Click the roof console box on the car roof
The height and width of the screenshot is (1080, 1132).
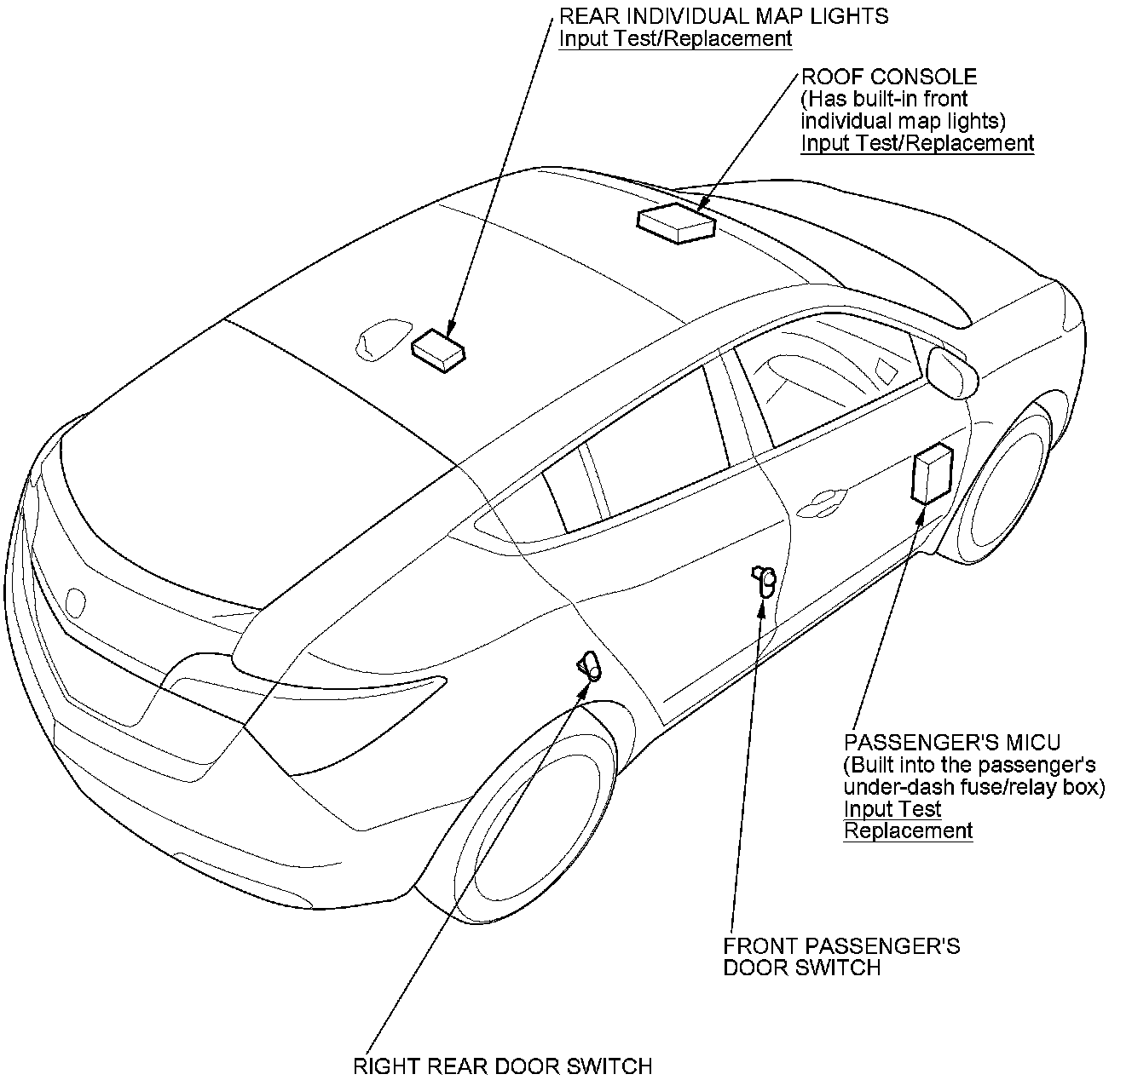675,223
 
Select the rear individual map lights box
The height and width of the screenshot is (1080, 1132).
439,349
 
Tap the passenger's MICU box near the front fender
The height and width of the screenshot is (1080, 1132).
932,474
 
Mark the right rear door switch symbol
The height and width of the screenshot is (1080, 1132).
589,665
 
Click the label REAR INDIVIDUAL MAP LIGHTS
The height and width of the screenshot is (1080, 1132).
723,15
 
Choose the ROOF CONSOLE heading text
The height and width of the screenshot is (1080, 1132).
888,77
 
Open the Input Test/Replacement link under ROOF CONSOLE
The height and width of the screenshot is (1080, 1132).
917,143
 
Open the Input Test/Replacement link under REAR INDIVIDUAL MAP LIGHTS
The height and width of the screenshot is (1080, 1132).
675,38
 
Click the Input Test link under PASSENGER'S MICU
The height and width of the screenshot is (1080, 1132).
892,808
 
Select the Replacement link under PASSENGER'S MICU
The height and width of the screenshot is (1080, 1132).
908,830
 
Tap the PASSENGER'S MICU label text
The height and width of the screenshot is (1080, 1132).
952,742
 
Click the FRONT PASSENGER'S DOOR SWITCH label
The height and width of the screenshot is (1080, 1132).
841,956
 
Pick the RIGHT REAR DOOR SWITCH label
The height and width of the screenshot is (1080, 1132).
502,1066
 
